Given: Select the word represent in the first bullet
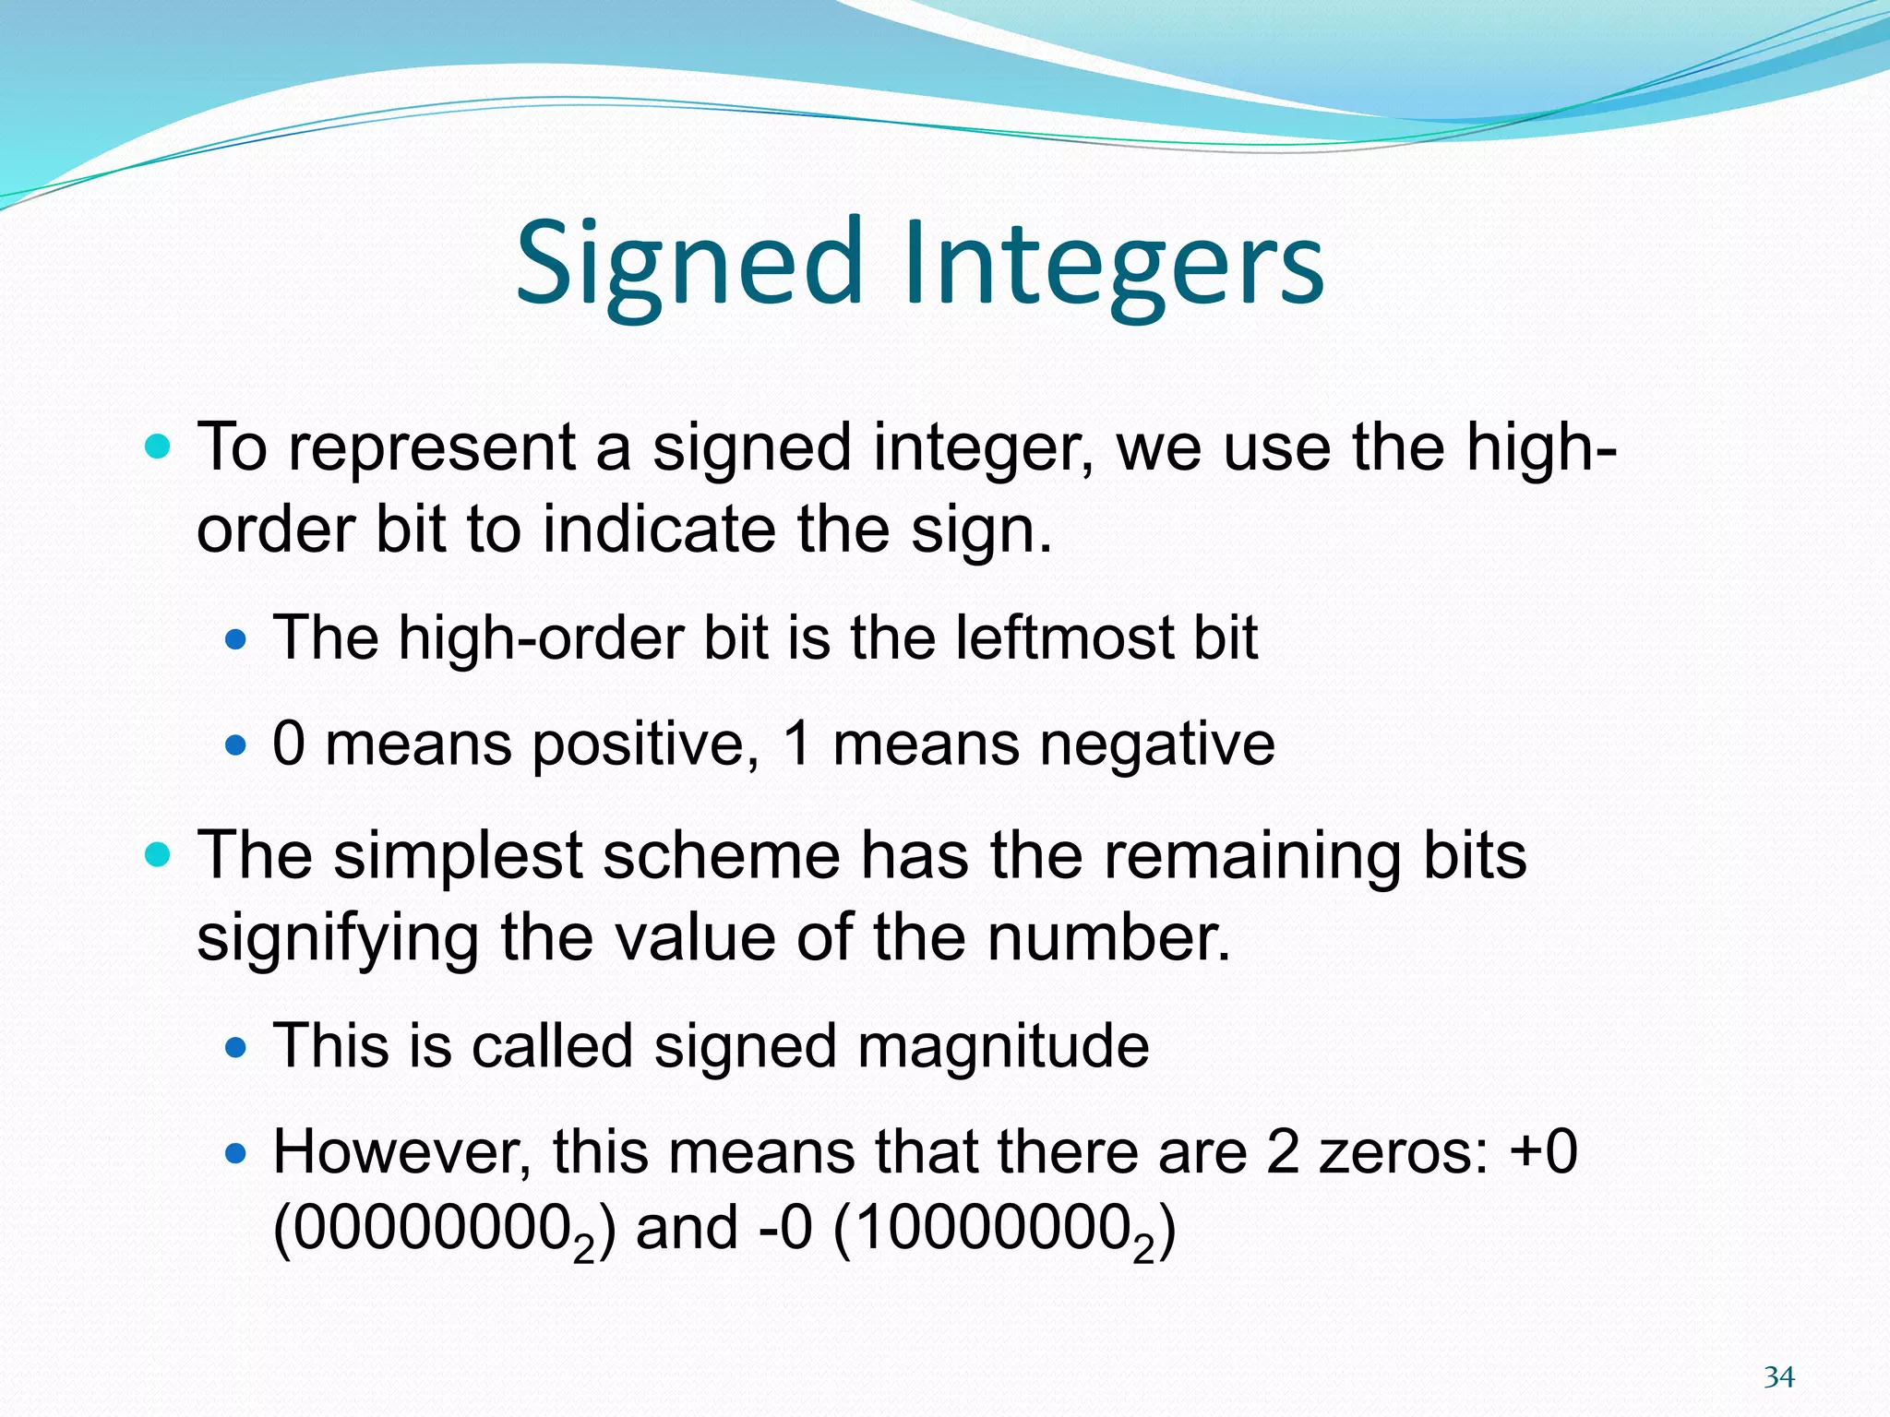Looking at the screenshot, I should coord(432,448).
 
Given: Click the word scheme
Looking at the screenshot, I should coord(722,855).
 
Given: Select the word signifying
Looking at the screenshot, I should coord(338,939).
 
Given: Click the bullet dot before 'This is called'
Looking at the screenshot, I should coord(237,1047).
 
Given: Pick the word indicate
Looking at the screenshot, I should coord(659,530).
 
